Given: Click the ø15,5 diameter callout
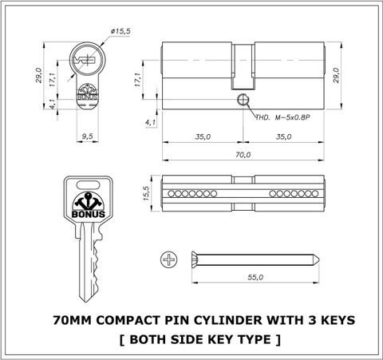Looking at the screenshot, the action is click(x=120, y=31).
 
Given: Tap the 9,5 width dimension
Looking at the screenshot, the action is click(x=87, y=136).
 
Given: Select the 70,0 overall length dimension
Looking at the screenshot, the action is click(x=243, y=155).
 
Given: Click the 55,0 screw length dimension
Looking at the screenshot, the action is click(x=255, y=277).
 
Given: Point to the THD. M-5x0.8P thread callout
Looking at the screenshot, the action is click(x=282, y=117).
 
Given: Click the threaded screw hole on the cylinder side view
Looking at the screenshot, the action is click(x=243, y=100).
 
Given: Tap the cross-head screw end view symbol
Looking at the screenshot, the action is click(x=169, y=259).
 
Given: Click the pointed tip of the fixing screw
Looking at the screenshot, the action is click(x=319, y=260).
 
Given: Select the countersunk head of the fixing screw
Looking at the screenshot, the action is click(x=195, y=259).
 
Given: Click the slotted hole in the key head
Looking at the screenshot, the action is click(x=88, y=184).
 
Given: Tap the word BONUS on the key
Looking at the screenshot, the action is click(x=89, y=214).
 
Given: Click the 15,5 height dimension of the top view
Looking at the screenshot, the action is click(x=147, y=193).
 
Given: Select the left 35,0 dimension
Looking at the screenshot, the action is click(x=203, y=136).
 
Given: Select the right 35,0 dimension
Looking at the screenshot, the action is click(x=283, y=136).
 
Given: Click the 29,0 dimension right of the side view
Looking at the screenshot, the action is click(x=336, y=75).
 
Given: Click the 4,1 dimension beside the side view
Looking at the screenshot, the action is click(x=151, y=123).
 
